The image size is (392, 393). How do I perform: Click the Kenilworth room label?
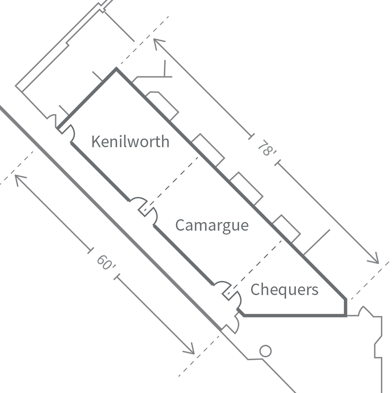click(x=130, y=142)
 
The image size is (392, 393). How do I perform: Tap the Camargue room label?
click(x=212, y=225)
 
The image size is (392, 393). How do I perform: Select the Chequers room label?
click(x=284, y=290)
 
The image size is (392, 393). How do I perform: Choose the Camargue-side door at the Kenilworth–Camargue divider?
click(x=151, y=217)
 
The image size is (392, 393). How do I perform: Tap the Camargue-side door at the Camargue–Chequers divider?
click(x=222, y=287)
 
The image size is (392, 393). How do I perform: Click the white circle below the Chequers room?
click(x=265, y=351)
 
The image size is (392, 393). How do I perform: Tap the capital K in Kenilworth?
click(x=96, y=142)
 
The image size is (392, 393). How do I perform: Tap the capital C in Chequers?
click(x=255, y=290)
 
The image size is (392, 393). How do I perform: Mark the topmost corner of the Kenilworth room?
click(x=116, y=72)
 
